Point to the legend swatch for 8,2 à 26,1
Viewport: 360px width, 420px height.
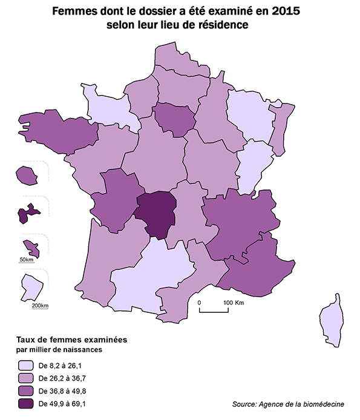25,366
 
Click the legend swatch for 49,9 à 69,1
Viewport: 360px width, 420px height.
25,402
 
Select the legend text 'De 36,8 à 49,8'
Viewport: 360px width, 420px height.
62,390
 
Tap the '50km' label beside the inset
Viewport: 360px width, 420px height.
26,260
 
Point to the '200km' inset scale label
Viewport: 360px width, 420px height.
39,305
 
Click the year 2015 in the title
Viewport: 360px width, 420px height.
285,11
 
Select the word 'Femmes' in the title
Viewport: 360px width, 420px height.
73,11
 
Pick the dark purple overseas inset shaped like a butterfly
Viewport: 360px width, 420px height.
27,212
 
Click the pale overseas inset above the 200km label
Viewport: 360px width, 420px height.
31,287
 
